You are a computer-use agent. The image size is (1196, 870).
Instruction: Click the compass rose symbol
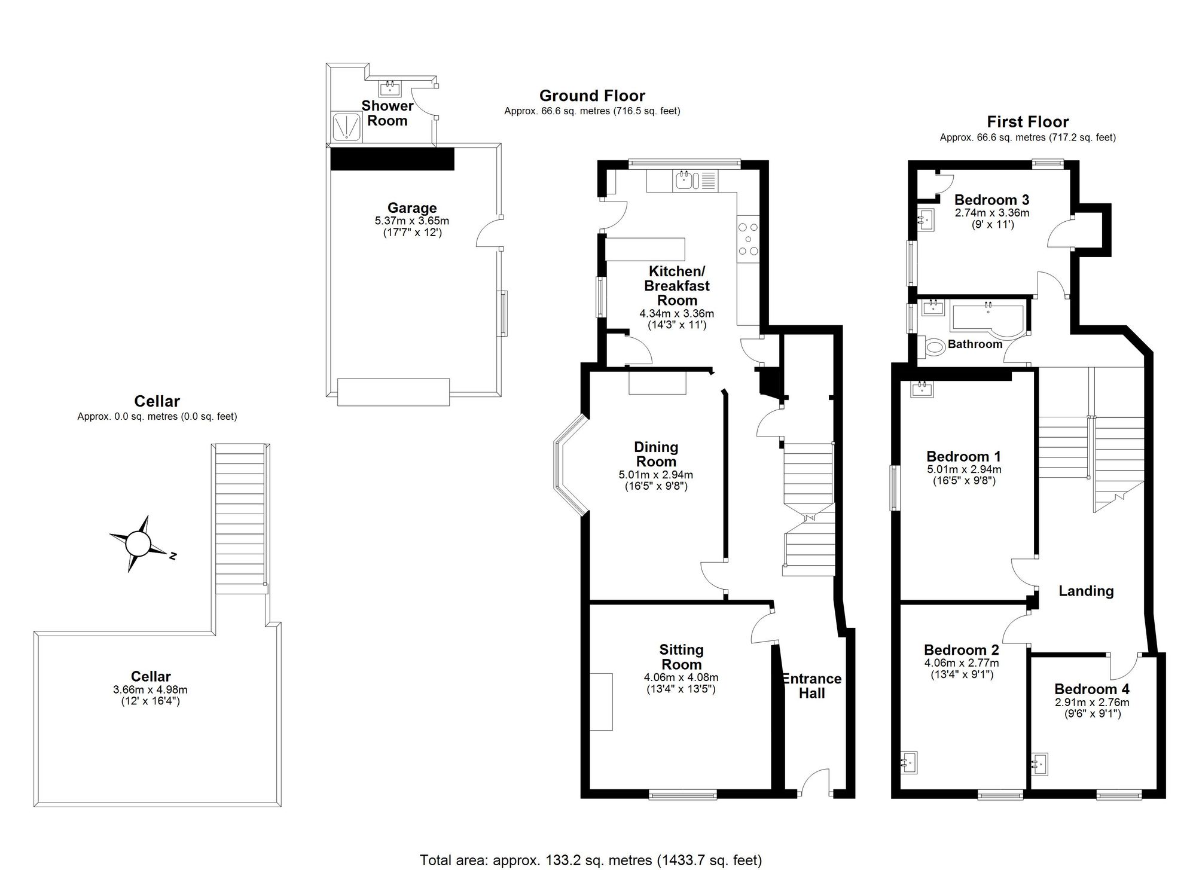pos(139,544)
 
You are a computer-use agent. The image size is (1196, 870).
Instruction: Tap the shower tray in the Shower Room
pos(346,127)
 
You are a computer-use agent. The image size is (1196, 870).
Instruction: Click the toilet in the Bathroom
pos(932,346)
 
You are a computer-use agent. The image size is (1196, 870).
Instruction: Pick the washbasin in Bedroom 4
pos(1041,763)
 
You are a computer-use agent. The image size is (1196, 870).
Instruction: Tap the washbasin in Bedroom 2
pos(910,762)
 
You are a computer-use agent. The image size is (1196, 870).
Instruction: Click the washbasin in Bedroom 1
pos(922,389)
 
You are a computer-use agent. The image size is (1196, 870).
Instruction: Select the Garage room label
pos(412,208)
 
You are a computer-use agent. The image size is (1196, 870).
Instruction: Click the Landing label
pos(1086,591)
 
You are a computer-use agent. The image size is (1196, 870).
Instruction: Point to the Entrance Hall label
pos(811,686)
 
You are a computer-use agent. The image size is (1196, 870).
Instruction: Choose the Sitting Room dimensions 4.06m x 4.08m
pos(681,677)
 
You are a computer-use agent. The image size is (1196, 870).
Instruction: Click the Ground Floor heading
pos(592,96)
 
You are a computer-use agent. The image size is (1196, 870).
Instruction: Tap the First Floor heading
pos(1027,122)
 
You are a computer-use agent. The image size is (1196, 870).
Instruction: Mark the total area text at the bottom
pos(591,860)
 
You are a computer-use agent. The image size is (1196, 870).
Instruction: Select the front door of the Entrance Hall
pos(814,783)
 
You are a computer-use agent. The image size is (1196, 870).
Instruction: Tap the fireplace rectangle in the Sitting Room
pos(602,701)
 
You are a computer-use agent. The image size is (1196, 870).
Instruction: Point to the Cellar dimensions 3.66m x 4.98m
pos(150,689)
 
